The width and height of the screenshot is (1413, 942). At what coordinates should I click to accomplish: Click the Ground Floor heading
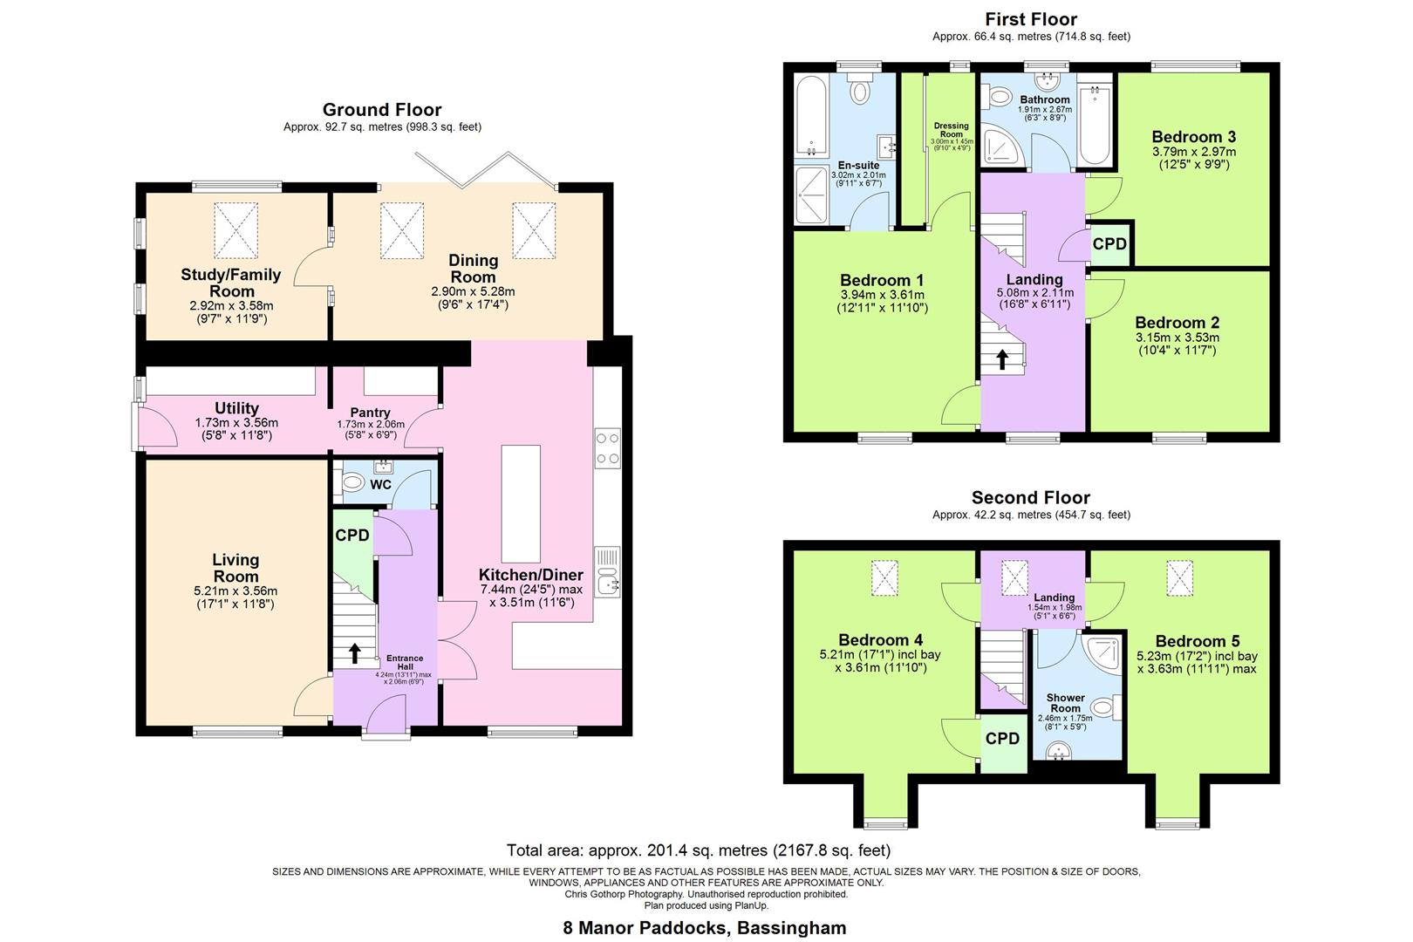point(382,110)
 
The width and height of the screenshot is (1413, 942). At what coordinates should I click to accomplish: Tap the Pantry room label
point(370,413)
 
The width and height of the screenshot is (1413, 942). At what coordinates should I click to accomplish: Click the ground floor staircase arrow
point(355,652)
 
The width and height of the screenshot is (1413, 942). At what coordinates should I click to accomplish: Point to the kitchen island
point(521,503)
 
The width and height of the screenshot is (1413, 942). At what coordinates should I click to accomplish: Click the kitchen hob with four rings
point(608,448)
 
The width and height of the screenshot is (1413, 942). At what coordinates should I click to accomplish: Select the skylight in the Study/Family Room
point(236,226)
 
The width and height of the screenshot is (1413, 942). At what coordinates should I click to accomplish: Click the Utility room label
point(236,408)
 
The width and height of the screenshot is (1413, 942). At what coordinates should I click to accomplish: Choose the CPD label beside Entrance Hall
point(352,536)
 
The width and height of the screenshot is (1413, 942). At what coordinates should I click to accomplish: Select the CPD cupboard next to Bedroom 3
point(1109,244)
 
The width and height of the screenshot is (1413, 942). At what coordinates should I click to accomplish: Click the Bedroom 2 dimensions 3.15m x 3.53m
point(1177,338)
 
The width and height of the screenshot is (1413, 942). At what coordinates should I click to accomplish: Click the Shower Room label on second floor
point(1065,703)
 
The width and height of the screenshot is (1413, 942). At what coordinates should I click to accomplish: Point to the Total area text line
point(698,850)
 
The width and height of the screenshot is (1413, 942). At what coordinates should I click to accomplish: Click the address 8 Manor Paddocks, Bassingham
point(705,927)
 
